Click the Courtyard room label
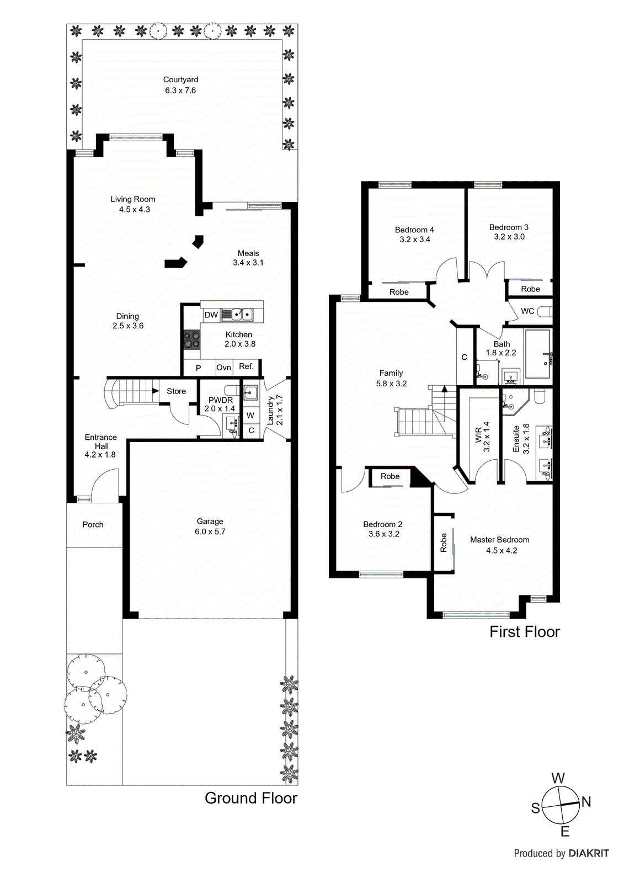tap(180, 79)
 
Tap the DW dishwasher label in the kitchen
tap(211, 315)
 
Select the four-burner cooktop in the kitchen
tap(192, 339)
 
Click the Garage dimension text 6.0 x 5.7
tap(210, 531)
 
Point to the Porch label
tap(93, 524)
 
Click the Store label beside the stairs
tap(176, 391)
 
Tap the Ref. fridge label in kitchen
tap(246, 366)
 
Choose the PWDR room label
tap(220, 400)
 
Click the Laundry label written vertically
tap(271, 410)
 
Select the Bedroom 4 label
tap(414, 230)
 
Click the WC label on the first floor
tap(527, 311)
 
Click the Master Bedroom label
tap(499, 540)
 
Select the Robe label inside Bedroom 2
tap(390, 476)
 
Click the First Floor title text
tap(524, 632)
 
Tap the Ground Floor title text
tap(250, 798)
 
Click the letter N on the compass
tap(586, 802)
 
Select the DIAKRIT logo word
tap(589, 853)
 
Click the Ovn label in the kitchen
tap(223, 368)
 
